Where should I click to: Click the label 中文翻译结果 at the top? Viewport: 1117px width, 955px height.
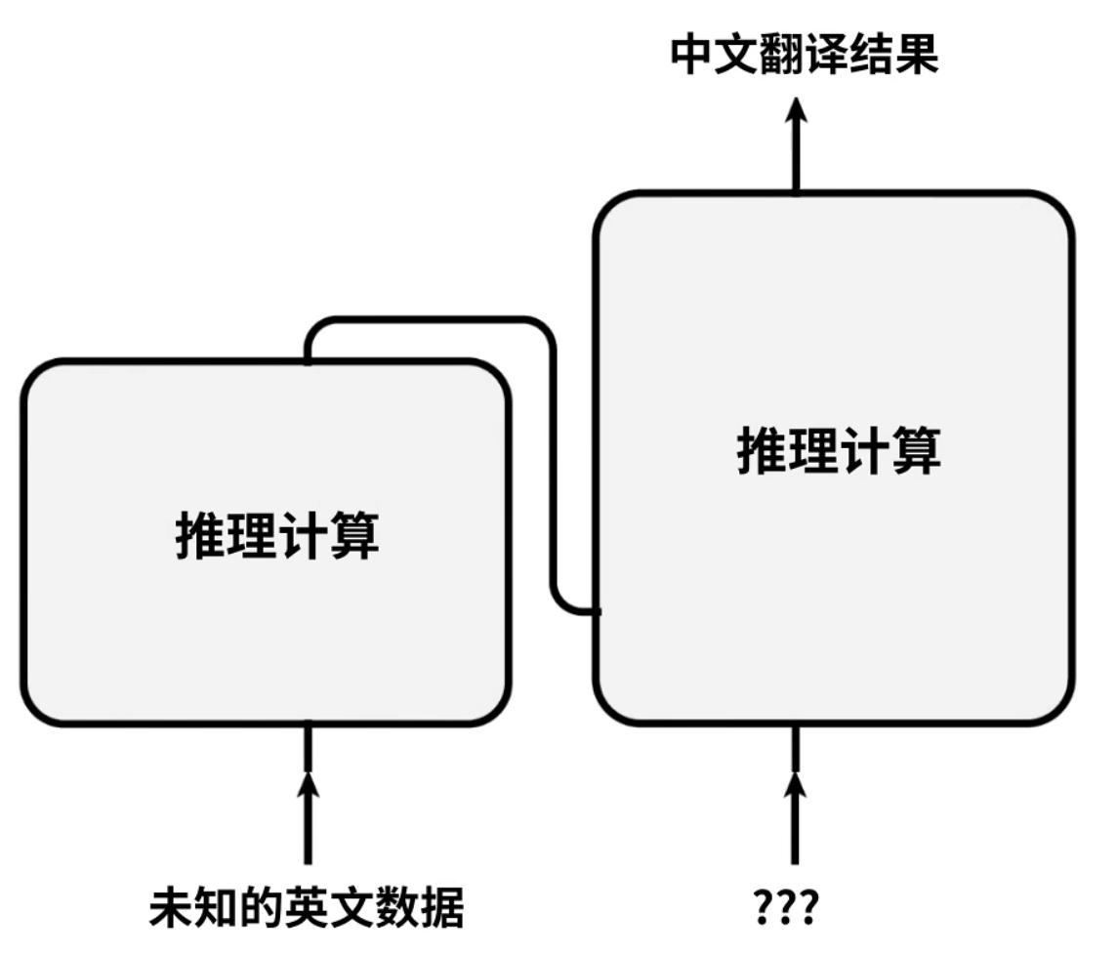click(x=805, y=56)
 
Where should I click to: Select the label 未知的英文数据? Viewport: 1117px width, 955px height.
click(x=306, y=909)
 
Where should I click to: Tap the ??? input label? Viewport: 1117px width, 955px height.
click(x=787, y=909)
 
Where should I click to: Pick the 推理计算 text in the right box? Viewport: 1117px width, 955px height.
click(x=838, y=451)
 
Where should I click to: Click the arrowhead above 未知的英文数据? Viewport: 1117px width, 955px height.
click(x=308, y=784)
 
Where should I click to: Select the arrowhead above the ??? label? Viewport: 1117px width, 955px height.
click(x=795, y=784)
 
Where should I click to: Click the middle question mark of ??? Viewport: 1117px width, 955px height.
click(x=787, y=909)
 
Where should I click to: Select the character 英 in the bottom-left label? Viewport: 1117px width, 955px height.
click(x=306, y=909)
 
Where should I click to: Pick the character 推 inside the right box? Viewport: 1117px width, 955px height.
click(x=762, y=451)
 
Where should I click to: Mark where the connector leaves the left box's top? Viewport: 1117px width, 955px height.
click(x=308, y=359)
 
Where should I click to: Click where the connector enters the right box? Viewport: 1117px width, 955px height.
click(x=597, y=611)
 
